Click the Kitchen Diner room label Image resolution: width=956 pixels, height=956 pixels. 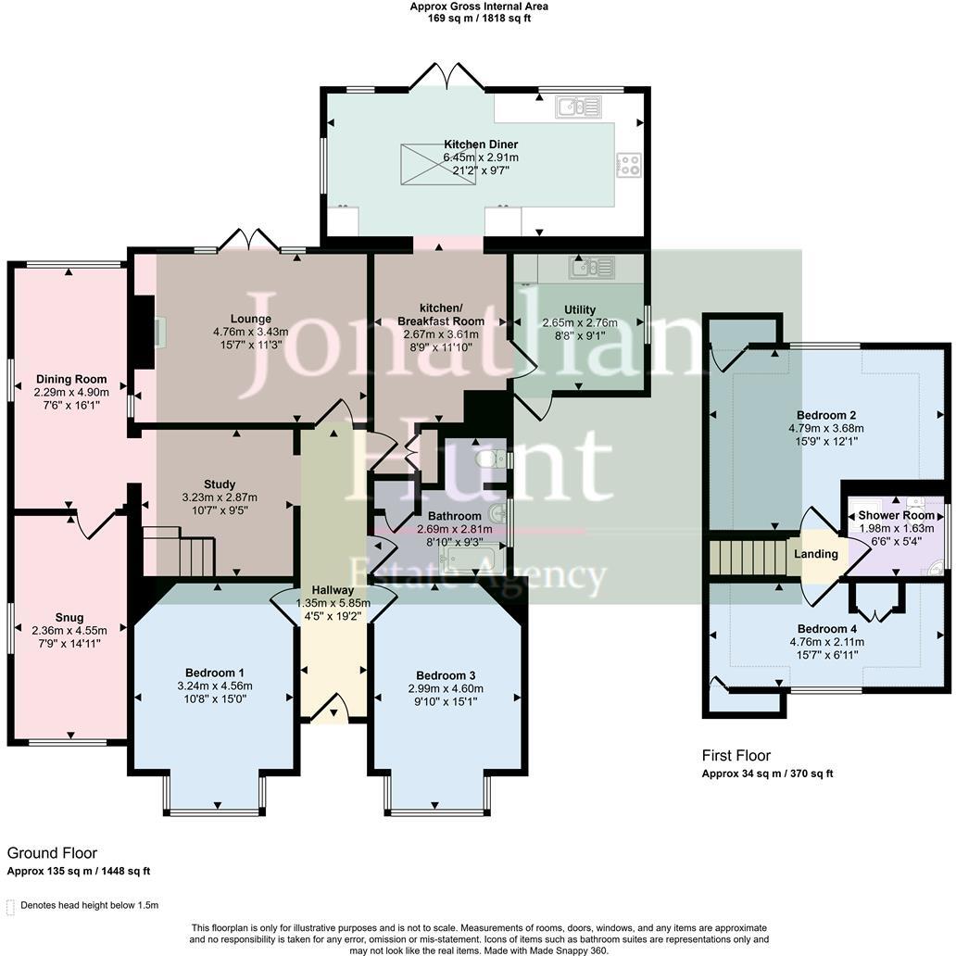[480, 145]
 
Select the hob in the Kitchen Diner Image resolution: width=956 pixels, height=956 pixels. [629, 165]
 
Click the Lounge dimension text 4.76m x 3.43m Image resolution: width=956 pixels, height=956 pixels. [250, 333]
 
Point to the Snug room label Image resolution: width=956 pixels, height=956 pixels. [69, 618]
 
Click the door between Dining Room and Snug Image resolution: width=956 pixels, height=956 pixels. [95, 523]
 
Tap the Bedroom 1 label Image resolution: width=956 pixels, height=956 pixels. [215, 672]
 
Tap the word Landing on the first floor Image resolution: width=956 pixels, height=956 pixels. [815, 554]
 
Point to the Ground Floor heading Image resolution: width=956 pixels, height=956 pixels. [52, 853]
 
